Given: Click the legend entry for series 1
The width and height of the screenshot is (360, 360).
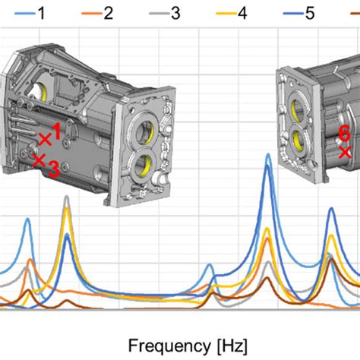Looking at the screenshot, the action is point(30,13).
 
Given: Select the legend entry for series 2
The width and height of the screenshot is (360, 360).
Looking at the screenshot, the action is point(97,13).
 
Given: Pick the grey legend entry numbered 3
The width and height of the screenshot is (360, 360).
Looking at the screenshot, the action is point(165,13).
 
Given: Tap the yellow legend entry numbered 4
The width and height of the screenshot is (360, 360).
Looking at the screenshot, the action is point(232,13).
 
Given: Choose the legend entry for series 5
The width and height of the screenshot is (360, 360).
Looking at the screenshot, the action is point(299,13).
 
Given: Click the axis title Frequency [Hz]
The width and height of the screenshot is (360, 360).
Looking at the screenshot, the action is point(188,346).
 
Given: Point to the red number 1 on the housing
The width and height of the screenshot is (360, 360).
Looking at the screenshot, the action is point(56,131).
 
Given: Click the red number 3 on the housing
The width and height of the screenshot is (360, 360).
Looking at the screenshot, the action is point(54,169).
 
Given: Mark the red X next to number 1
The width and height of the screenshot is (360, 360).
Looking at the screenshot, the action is point(45,140).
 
